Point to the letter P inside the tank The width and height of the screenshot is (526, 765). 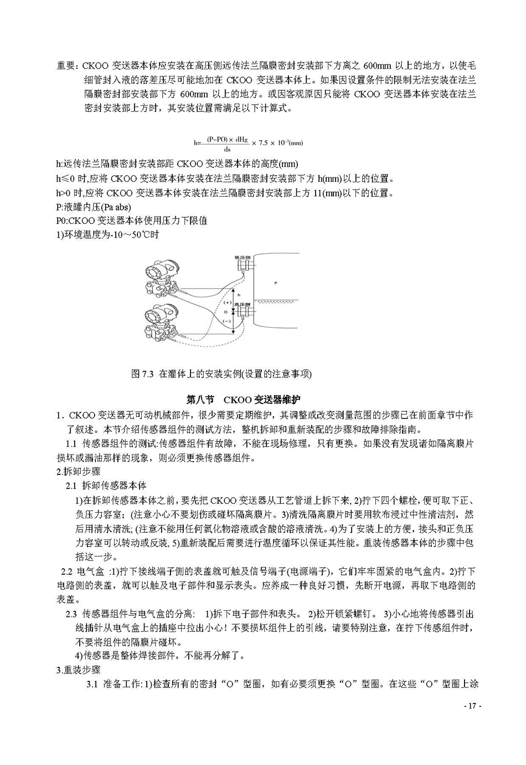276,283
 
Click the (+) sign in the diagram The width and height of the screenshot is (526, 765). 227,303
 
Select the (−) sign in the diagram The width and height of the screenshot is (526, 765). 227,321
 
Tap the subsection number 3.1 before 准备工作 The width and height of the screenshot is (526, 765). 92,684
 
